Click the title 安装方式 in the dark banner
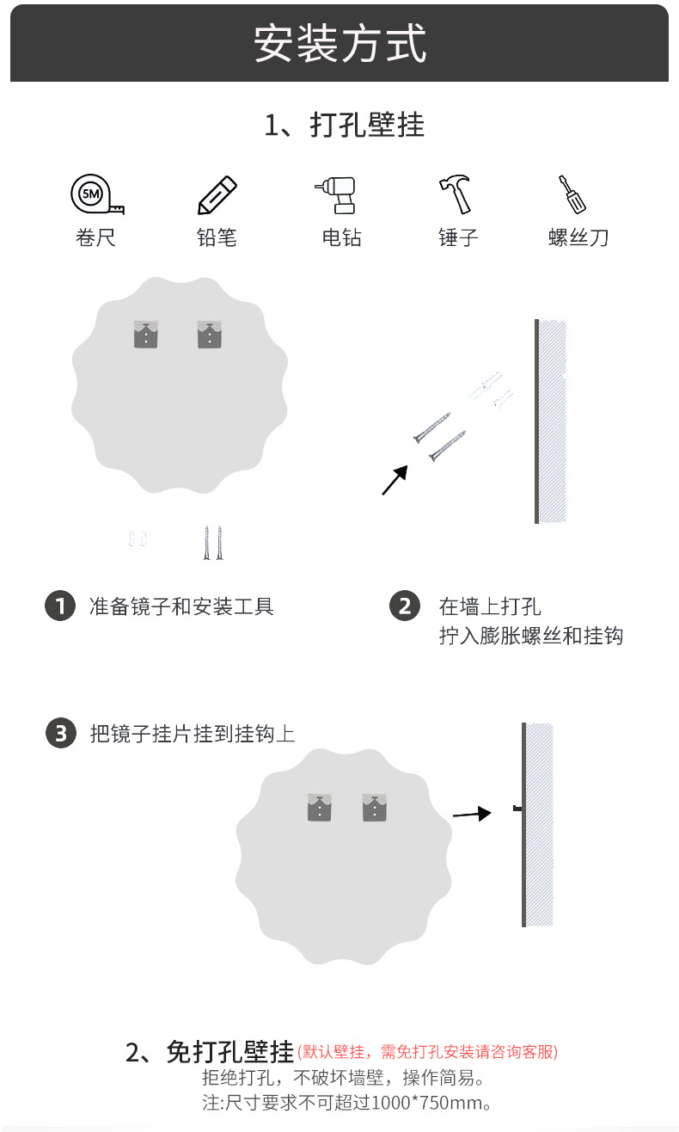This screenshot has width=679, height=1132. [x=339, y=43]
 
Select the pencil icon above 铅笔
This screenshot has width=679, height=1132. [x=217, y=195]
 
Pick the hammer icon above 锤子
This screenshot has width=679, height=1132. [x=456, y=194]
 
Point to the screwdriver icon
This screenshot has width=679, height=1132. [x=572, y=194]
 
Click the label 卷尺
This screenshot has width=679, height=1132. [x=95, y=237]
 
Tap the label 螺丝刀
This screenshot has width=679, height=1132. [x=578, y=237]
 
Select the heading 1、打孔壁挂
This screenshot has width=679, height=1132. [x=344, y=126]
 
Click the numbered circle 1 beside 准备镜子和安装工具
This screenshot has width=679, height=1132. [x=59, y=606]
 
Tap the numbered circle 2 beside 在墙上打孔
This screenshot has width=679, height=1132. [x=405, y=606]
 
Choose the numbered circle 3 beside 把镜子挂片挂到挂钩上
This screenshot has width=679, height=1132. [x=60, y=734]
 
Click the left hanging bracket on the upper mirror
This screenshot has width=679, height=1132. [x=146, y=334]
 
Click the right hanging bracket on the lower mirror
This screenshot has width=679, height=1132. [x=375, y=807]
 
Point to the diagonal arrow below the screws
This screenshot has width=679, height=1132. [x=395, y=480]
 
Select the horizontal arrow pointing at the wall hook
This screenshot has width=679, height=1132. [x=472, y=814]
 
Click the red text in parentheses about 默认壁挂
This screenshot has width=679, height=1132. [x=427, y=1052]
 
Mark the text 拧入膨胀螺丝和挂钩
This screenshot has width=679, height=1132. [x=530, y=637]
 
